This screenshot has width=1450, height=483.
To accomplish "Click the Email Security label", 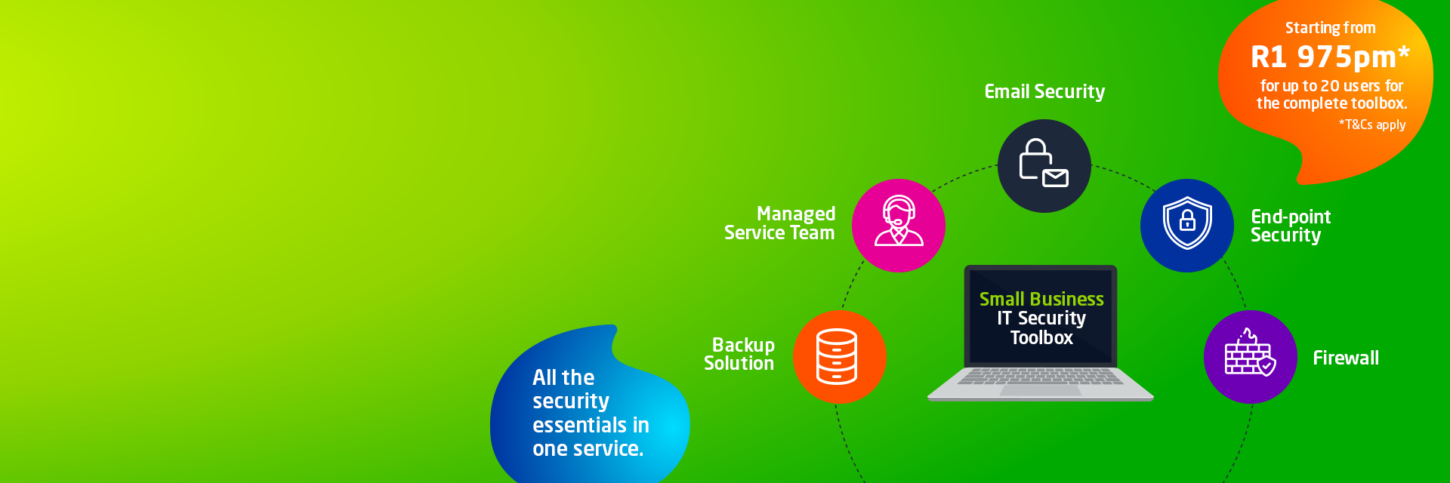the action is click(x=1044, y=92).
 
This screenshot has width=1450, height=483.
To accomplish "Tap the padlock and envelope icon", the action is click(x=1044, y=165).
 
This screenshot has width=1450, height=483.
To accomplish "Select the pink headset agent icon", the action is click(x=899, y=225).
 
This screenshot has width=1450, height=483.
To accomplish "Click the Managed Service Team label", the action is click(x=779, y=223).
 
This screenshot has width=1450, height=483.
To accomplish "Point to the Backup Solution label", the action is click(x=739, y=354).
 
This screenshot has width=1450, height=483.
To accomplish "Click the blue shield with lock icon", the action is click(x=1187, y=225).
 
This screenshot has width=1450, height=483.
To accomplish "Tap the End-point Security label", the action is click(x=1291, y=226).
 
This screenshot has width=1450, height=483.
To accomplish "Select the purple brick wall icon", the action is click(x=1251, y=356).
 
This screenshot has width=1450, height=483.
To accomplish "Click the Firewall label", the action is click(x=1346, y=358).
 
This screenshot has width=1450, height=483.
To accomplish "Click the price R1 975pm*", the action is click(x=1331, y=57).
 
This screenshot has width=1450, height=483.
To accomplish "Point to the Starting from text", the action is click(x=1331, y=28).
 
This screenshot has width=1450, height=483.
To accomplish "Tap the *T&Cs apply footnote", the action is click(x=1372, y=125).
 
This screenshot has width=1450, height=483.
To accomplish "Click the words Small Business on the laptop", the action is click(x=1041, y=299).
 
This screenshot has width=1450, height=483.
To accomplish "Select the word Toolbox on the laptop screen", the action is click(x=1041, y=338).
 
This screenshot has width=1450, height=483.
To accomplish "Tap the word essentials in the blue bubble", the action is click(x=577, y=425).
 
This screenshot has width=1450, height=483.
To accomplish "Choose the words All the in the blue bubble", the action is click(x=563, y=377).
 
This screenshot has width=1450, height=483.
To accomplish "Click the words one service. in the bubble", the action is click(x=588, y=449).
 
